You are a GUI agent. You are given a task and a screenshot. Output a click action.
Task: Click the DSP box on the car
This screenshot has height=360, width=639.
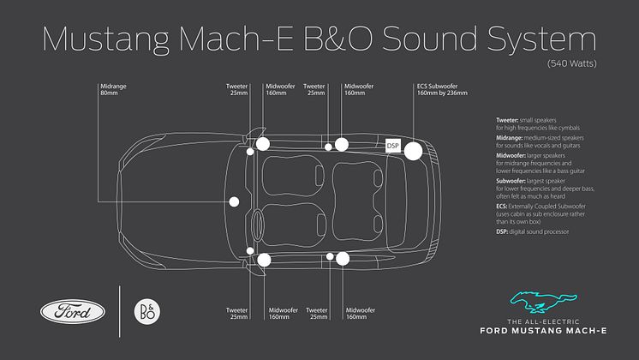click(x=393, y=147)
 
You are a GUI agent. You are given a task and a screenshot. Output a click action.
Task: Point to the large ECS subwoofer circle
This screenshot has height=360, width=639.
click(x=413, y=151)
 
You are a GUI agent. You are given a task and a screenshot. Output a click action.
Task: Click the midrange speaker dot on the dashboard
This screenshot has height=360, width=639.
click(x=234, y=202)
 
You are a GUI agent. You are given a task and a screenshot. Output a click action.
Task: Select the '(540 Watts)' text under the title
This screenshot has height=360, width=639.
click(x=572, y=63)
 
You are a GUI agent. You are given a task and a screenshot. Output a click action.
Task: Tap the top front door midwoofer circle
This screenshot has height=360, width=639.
click(x=262, y=144)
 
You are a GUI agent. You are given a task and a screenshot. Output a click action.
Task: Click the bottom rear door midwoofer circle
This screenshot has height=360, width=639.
click(x=343, y=258)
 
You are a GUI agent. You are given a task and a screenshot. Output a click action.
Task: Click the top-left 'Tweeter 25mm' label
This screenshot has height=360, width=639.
click(x=236, y=90)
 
